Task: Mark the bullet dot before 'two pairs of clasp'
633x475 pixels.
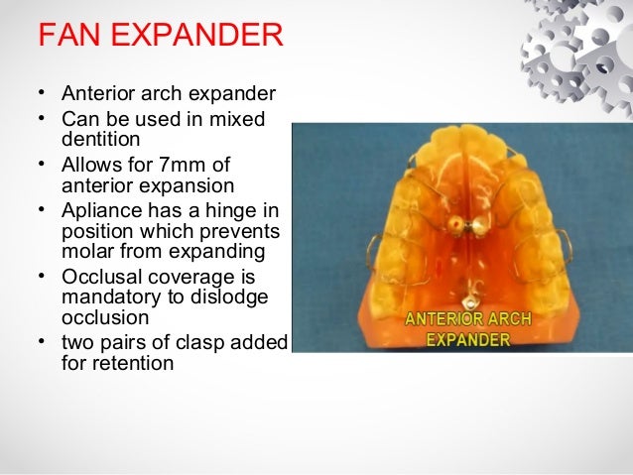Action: [x=44, y=342]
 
